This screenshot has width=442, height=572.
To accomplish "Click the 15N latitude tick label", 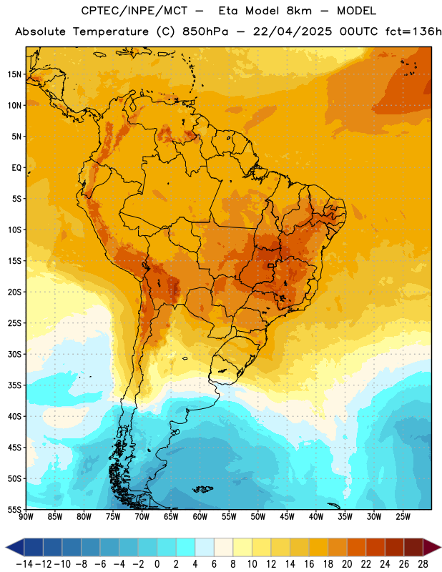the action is (14, 74).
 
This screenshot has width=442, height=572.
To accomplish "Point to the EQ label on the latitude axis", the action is (16, 168).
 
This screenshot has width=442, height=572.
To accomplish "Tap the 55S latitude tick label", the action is (14, 510).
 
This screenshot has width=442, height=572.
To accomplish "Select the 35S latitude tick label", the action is (14, 385).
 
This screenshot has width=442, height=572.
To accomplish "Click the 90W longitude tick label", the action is (26, 517).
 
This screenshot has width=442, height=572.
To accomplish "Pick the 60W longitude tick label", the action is (200, 517).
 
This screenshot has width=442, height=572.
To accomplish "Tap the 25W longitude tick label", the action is (403, 517).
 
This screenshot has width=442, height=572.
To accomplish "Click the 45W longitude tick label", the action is (287, 517).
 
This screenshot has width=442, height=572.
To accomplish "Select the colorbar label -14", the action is (24, 564).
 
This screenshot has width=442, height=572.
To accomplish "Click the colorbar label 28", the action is (423, 564).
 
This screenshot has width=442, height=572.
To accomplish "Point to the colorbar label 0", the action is (157, 564).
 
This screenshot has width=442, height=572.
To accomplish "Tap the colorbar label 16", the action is (309, 564).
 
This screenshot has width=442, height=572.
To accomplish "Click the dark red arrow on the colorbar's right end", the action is (432, 547).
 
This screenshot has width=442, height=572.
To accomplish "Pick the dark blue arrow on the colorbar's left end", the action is (15, 547).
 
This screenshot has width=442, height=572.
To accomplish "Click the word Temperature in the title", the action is (111, 31).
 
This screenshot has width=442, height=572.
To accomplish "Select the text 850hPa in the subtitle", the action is (205, 31).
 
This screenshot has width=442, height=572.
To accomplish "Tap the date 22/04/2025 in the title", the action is (293, 31).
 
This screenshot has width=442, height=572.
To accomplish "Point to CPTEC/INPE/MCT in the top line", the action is (134, 11).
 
